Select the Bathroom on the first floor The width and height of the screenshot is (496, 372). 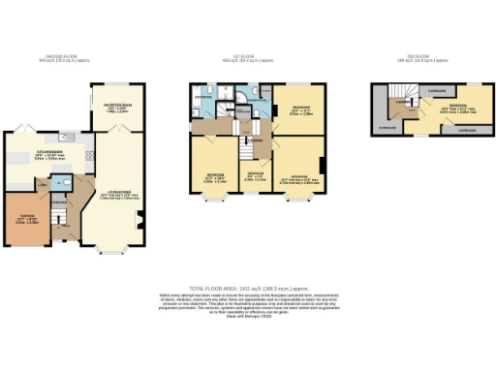tap(204, 97)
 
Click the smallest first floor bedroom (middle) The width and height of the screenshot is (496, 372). tap(254, 175)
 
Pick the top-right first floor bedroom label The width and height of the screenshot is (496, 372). tap(300, 109)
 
